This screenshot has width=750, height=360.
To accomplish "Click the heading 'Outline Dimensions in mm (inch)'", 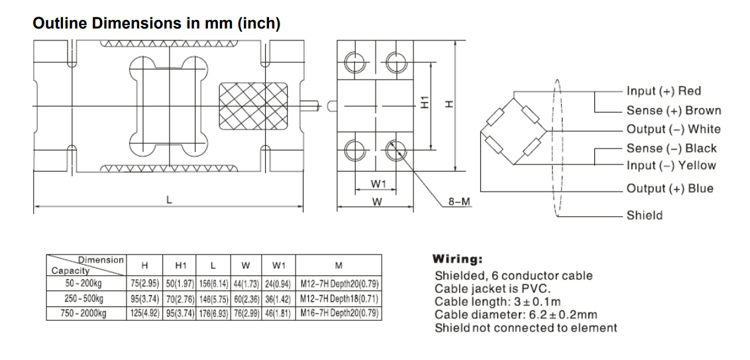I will (156, 24).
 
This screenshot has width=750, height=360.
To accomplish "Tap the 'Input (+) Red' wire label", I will (663, 91).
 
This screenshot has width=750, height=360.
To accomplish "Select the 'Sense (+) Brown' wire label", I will (673, 111).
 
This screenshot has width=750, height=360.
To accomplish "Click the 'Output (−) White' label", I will (673, 129).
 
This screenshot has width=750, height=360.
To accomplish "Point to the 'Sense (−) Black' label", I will (671, 149).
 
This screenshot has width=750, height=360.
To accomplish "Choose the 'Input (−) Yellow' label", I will (671, 166).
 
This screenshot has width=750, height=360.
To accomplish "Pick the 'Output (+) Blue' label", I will (670, 188).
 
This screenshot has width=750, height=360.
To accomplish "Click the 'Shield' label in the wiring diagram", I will (644, 215).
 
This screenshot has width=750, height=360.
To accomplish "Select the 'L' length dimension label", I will (170, 200).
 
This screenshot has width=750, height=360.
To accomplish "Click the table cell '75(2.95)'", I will (144, 284).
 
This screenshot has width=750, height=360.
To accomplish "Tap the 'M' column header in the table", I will (339, 267).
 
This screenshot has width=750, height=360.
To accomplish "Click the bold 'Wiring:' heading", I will (457, 259).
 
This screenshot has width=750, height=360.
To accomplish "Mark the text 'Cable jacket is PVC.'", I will (492, 289).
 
